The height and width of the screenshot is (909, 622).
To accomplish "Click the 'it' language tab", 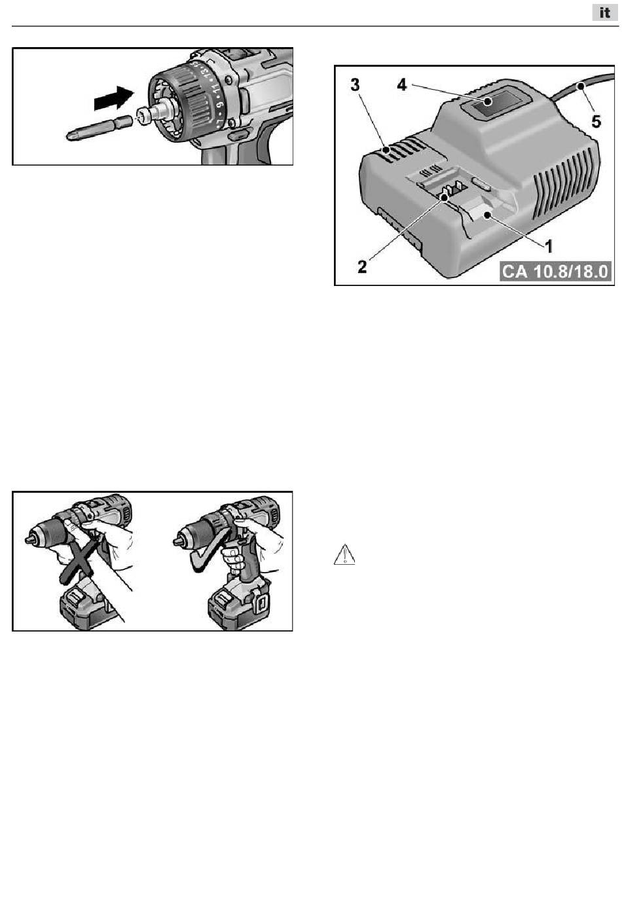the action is click(604, 12).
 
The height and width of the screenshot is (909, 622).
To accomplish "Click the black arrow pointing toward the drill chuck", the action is click(114, 98).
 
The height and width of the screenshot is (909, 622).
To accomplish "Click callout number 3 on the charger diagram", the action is click(356, 86).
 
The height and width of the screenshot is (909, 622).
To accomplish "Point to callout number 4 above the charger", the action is click(401, 85).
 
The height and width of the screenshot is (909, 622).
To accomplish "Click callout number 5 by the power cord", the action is click(596, 121).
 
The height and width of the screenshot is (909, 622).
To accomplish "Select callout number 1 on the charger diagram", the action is click(549, 246).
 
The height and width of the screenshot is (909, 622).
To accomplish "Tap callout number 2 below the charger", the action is click(362, 266).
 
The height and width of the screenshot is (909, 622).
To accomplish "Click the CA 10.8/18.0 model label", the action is click(556, 271).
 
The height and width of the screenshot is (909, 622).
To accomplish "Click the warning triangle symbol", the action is click(344, 554).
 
